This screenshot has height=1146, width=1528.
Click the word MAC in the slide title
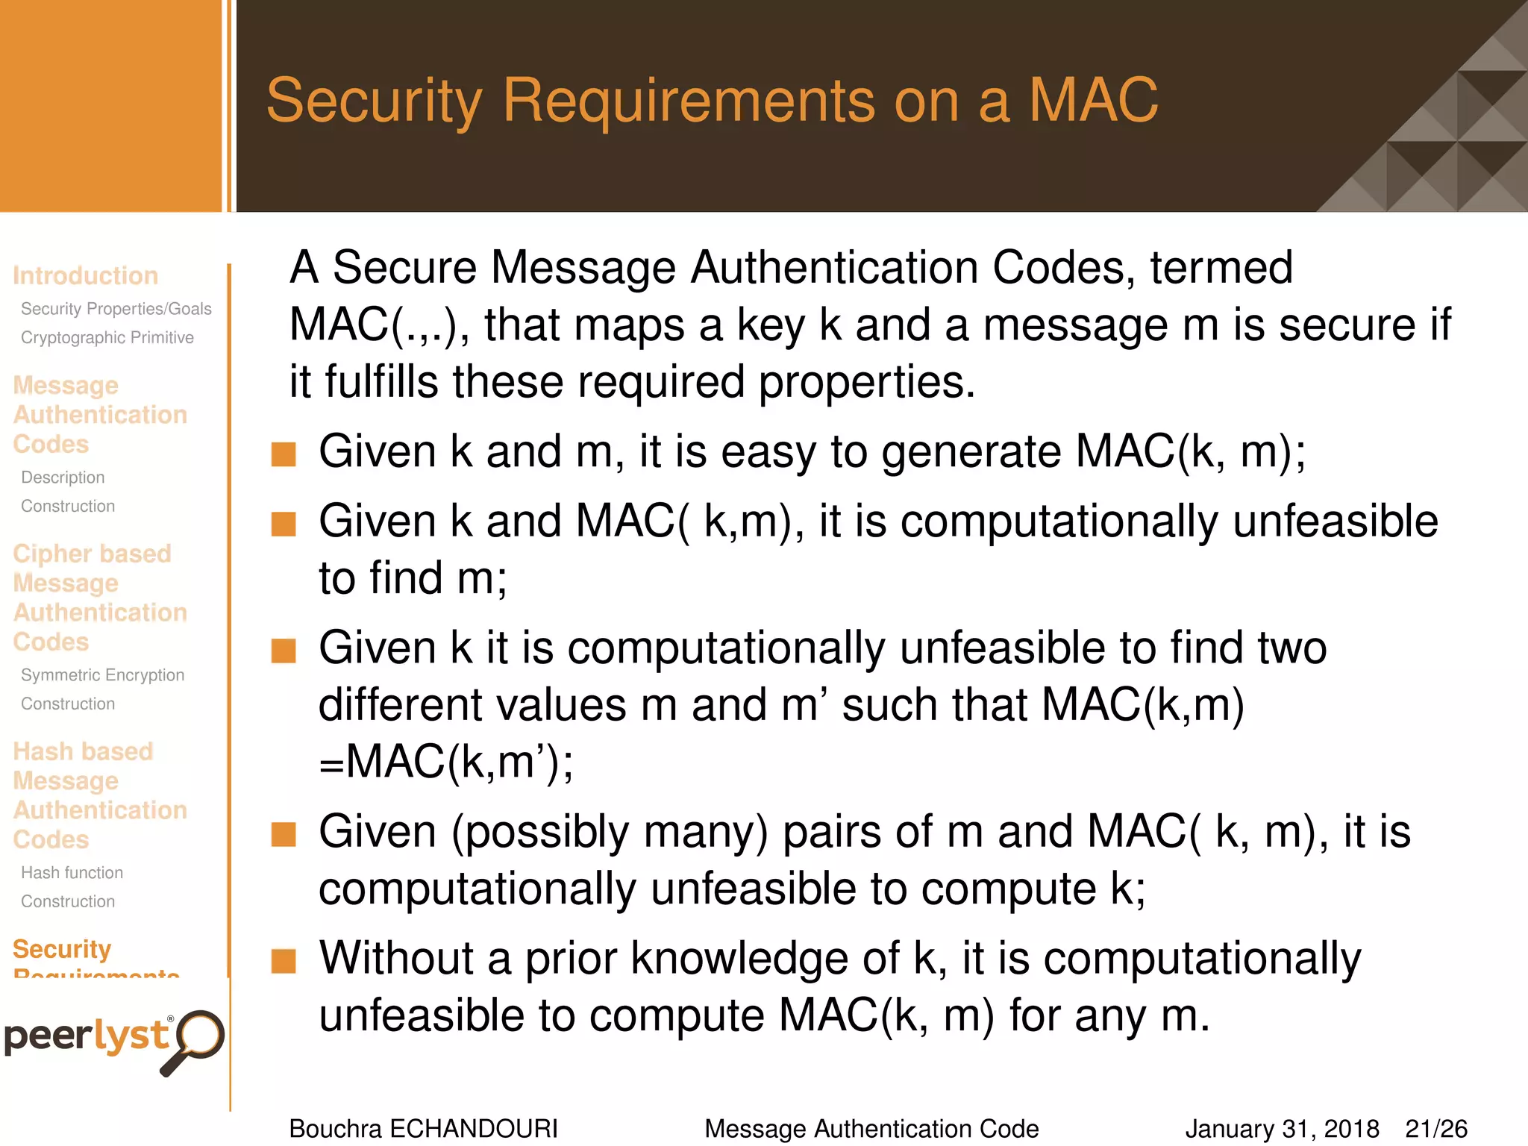click(1093, 100)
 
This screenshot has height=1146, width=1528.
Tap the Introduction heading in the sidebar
click(85, 275)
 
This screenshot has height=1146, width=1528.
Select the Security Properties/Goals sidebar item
click(116, 309)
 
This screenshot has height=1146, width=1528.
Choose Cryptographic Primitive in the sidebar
click(107, 338)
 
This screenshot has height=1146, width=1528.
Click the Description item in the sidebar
click(63, 477)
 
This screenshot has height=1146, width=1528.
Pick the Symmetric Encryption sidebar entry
click(102, 675)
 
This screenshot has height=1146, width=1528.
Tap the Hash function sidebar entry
click(72, 873)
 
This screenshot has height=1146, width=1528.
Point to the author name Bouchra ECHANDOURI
click(423, 1129)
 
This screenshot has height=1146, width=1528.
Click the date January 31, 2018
click(1282, 1129)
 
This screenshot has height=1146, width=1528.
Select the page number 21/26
click(1436, 1129)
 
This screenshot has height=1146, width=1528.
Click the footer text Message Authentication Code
click(871, 1129)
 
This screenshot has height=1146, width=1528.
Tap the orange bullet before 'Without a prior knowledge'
click(284, 962)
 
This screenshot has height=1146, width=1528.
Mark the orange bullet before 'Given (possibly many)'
click(284, 835)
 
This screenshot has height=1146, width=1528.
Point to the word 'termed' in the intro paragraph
click(1221, 268)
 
